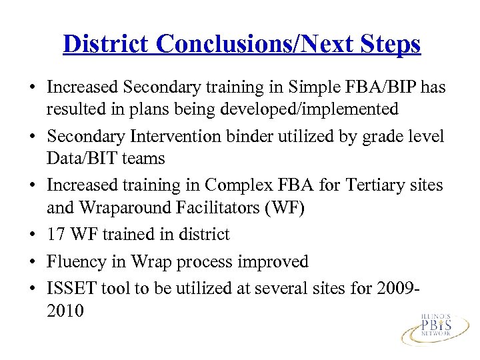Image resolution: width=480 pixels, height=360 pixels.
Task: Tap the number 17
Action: pyautogui.click(x=56, y=235)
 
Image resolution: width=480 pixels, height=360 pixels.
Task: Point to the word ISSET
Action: pyautogui.click(x=69, y=289)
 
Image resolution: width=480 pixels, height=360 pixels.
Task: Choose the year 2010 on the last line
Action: pyautogui.click(x=65, y=310)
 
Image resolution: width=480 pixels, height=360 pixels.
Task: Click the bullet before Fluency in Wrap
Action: pyautogui.click(x=31, y=262)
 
